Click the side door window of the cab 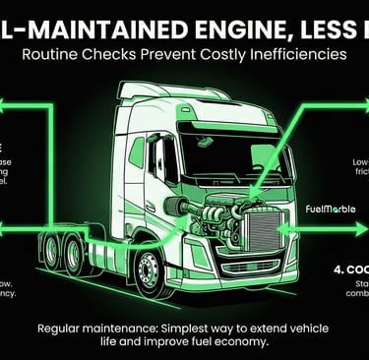click(156, 158)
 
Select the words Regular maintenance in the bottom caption click(98, 329)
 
